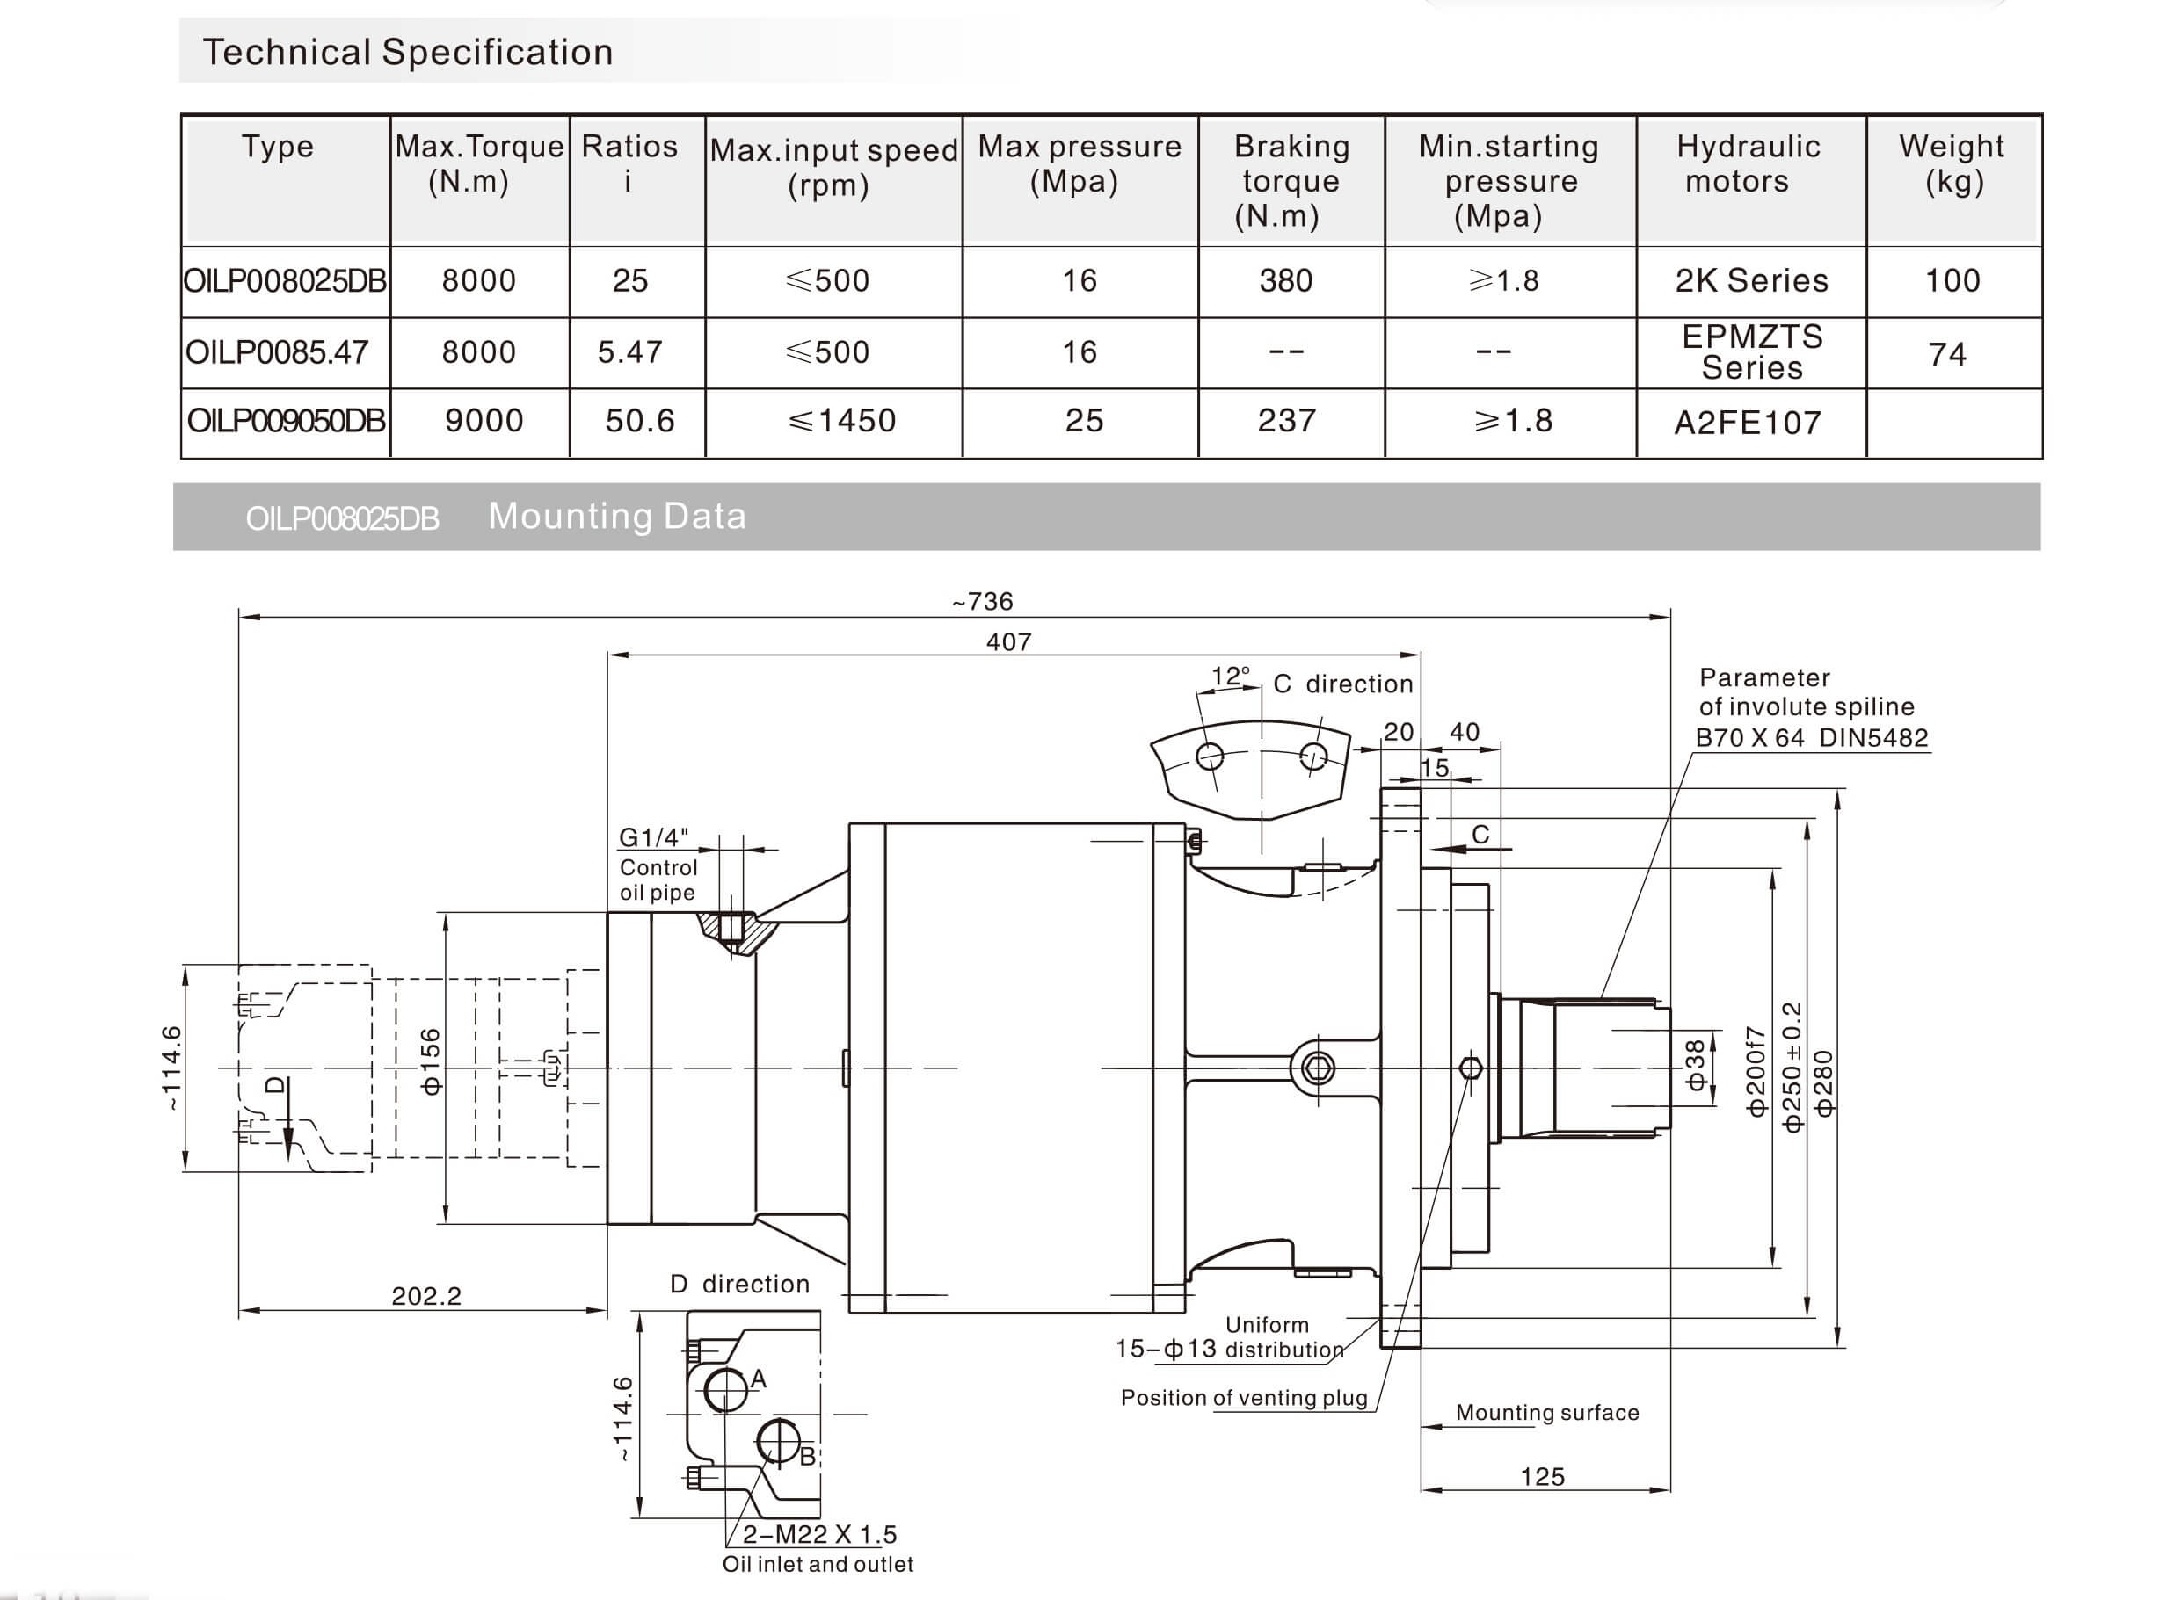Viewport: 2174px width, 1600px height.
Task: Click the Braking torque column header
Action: (1291, 180)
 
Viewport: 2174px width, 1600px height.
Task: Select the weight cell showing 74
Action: (1947, 354)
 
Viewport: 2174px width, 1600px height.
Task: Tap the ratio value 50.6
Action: (639, 420)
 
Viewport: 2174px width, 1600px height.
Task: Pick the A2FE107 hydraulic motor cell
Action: (1748, 423)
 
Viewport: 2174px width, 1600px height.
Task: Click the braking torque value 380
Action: (1285, 281)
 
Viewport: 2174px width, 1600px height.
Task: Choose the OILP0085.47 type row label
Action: (277, 351)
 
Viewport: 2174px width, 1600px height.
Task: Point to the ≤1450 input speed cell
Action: (842, 420)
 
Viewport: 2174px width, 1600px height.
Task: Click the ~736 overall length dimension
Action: (982, 602)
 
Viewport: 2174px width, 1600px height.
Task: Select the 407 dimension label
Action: (1008, 641)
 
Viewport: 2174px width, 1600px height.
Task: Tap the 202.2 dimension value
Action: (426, 1296)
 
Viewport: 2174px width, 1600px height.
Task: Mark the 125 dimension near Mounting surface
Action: (1542, 1477)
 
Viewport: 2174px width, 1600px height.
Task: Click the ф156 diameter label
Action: (431, 1061)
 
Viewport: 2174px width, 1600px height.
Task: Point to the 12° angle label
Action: (1231, 676)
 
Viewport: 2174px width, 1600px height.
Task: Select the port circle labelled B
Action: (778, 1442)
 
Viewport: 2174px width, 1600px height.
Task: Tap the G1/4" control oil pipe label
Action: (654, 836)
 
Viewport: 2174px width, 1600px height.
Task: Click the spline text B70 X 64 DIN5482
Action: (1812, 738)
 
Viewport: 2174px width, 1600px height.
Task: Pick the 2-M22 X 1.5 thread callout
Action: (819, 1534)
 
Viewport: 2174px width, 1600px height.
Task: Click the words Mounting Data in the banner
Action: (617, 517)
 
